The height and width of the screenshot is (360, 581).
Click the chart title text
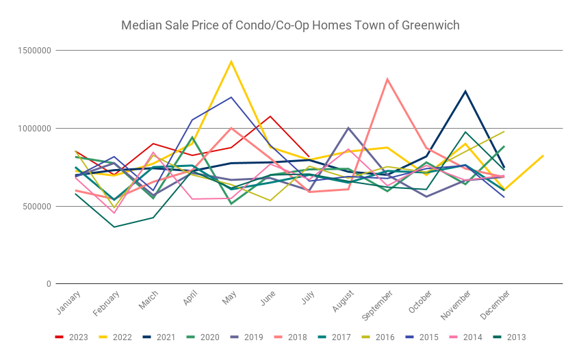coord(290,26)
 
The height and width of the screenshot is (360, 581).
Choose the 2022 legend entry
coord(118,337)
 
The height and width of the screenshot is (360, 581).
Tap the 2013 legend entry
coord(511,337)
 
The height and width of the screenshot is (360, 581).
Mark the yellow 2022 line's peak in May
coord(231,62)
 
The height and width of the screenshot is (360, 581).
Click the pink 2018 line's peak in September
coord(387,79)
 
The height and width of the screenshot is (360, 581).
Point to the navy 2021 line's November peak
coord(465,91)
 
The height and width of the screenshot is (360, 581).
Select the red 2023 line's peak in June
coord(270,116)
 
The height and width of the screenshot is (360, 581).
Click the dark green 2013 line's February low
coord(114,227)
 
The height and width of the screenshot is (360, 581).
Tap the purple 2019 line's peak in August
coord(348,128)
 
